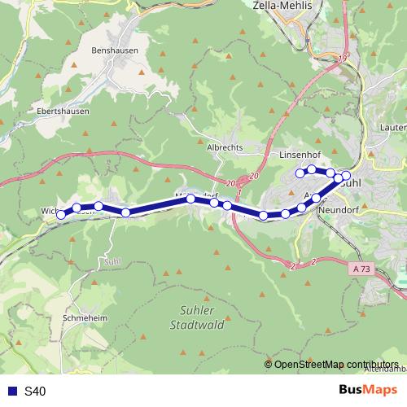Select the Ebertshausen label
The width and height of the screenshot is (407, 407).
pos(63,111)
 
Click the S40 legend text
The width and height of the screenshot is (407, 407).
pos(35,392)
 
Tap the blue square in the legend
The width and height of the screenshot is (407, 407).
pos(11,392)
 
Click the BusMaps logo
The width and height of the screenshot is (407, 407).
pos(363,390)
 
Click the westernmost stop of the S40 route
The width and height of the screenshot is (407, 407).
pos(61,215)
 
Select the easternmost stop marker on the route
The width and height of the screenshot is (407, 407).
pos(346,176)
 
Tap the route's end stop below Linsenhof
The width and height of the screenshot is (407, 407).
pos(300,173)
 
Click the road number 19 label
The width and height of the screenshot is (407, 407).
pos(342,58)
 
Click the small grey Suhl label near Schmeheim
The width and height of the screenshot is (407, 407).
pos(112,261)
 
